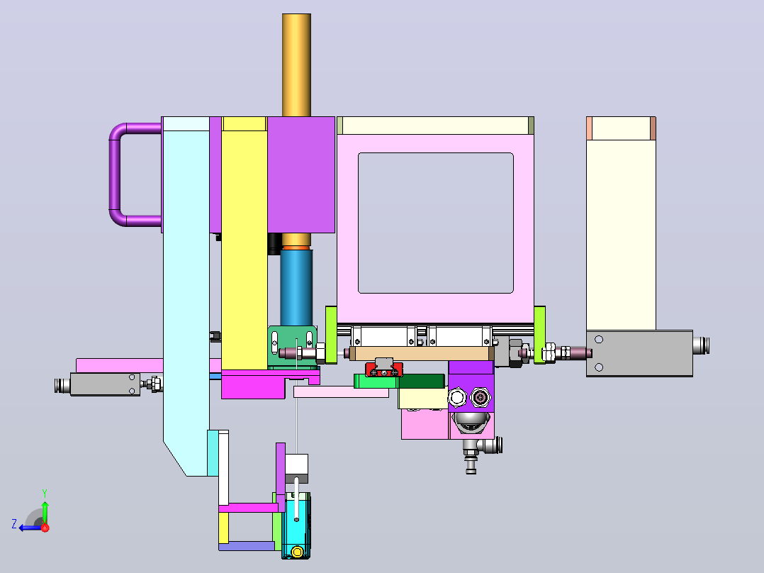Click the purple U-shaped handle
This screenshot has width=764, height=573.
[x=115, y=174]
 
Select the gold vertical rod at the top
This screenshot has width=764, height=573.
[x=296, y=65]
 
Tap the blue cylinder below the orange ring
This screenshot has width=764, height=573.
[x=296, y=288]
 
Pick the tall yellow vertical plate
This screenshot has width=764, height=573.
[x=244, y=244]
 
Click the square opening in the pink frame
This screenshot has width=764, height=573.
[x=436, y=223]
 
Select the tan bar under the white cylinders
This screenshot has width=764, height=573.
[x=420, y=353]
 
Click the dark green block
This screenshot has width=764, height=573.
[x=421, y=380]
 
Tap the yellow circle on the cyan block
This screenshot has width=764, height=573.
[x=297, y=552]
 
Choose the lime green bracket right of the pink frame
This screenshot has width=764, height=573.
[x=539, y=335]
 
